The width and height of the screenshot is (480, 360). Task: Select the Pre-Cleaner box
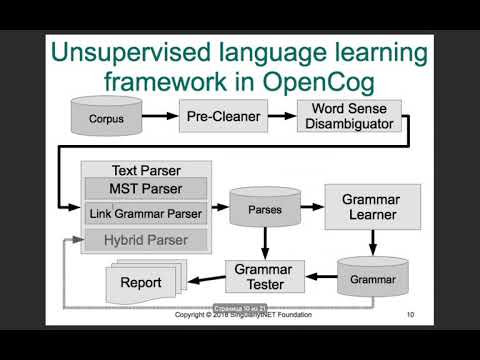click(223, 117)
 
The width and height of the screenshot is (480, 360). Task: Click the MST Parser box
click(145, 188)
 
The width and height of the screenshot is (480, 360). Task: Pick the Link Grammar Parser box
click(146, 213)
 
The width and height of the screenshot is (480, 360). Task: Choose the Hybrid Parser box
click(146, 239)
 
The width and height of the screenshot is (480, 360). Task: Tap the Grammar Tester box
click(263, 275)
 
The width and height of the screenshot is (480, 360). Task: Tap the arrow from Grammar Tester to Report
click(207, 279)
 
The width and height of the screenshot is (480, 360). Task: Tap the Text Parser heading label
click(146, 171)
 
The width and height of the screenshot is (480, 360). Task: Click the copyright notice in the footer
click(242, 315)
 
